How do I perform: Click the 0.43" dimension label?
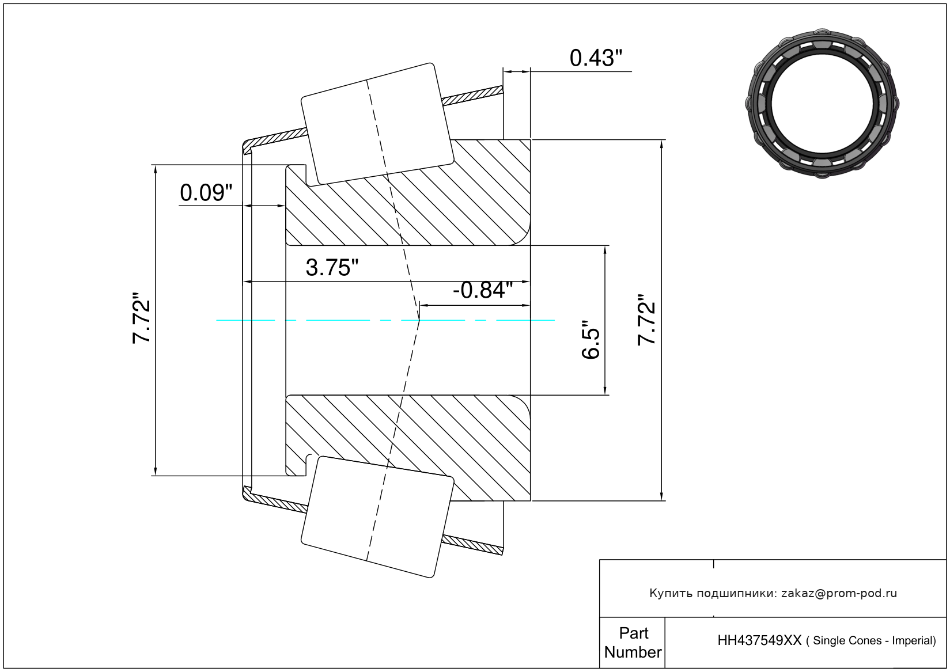(x=596, y=58)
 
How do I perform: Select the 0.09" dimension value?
(x=206, y=192)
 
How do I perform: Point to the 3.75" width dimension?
(x=332, y=268)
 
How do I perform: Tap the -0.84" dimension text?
(x=482, y=290)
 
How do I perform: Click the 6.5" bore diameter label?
(x=591, y=340)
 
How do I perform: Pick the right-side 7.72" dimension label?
(x=646, y=320)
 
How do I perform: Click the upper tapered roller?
(x=377, y=124)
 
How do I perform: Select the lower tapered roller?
(x=377, y=517)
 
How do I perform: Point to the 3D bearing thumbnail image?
(x=822, y=102)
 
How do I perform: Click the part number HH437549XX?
(x=759, y=640)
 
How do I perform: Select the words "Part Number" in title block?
(x=633, y=643)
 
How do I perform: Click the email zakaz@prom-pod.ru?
(x=839, y=593)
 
